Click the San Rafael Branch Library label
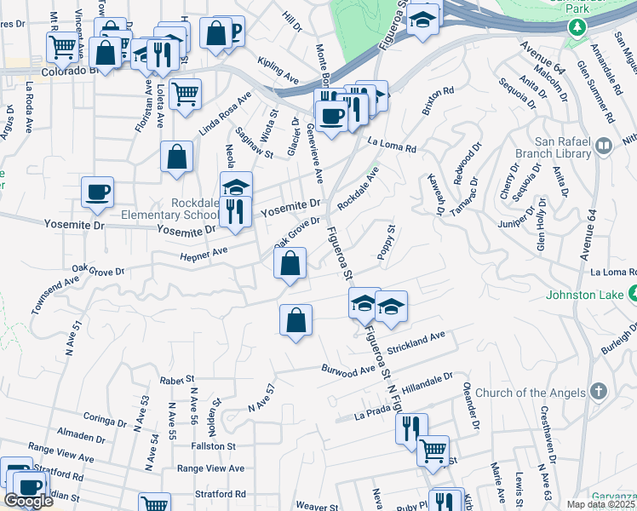[x=562, y=147]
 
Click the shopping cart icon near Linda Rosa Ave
[x=185, y=93]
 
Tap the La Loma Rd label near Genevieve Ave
[x=392, y=147]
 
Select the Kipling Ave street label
[x=278, y=71]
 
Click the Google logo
[x=28, y=500]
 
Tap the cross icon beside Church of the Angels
[x=599, y=393]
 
